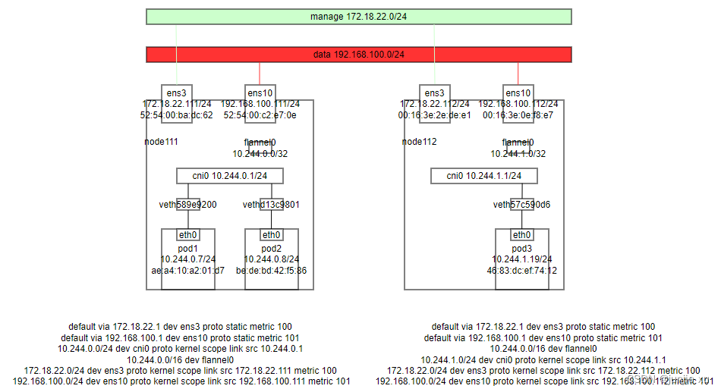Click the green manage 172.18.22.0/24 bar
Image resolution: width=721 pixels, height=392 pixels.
(x=358, y=17)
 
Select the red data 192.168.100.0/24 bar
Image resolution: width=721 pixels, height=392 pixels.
(x=358, y=55)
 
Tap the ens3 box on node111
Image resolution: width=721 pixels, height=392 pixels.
(x=176, y=93)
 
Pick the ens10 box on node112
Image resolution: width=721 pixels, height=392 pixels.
(x=518, y=93)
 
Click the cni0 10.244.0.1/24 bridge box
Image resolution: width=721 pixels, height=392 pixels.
(x=229, y=176)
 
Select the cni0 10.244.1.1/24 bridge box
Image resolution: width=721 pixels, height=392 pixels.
(x=486, y=176)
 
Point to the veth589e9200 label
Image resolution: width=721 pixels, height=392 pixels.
(x=187, y=205)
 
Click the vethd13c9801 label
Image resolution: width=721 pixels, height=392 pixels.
(x=271, y=205)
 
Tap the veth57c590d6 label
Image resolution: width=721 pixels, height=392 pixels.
(x=521, y=205)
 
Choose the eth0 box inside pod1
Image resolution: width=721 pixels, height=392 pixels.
(x=187, y=235)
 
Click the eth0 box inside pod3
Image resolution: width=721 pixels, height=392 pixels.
(x=521, y=235)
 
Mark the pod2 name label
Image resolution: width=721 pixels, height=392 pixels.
(x=271, y=247)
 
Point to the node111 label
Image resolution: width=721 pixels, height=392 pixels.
(x=161, y=142)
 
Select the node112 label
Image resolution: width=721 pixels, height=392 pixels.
(x=419, y=142)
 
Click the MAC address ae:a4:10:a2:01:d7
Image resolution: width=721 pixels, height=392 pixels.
(x=187, y=270)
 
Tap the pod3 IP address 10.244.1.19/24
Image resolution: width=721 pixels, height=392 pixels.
(x=521, y=259)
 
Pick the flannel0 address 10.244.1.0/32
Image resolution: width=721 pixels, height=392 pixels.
(x=518, y=153)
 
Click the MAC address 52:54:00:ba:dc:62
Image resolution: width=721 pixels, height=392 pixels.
(x=176, y=115)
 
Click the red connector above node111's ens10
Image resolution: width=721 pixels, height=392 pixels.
(x=260, y=74)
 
